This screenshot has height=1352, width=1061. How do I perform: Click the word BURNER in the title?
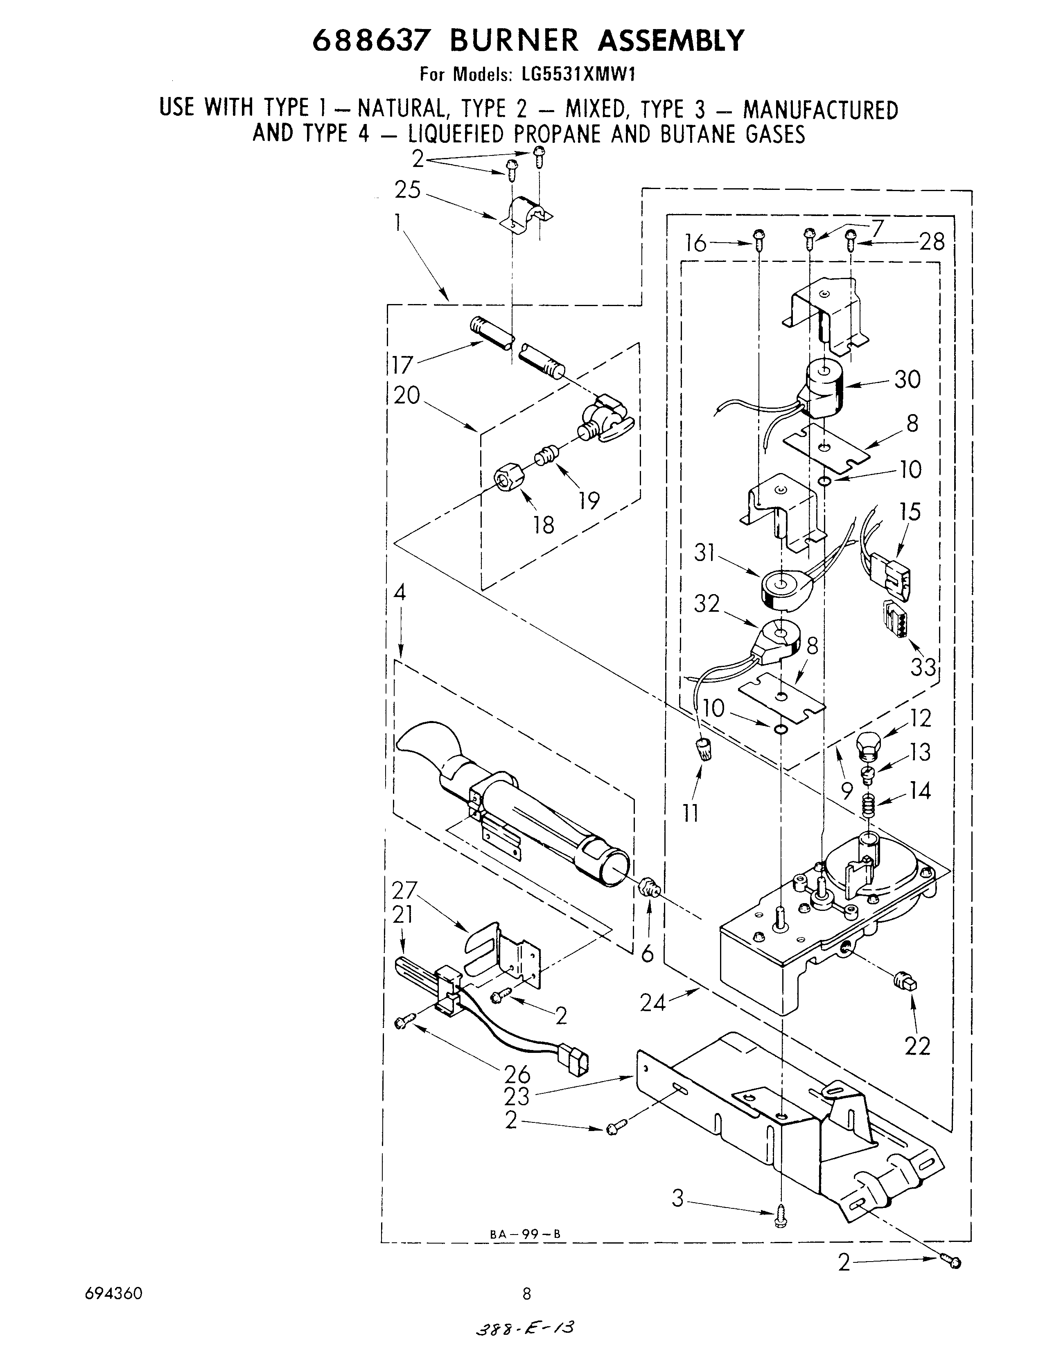tap(514, 41)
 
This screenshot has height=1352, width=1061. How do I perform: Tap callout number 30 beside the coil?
tap(907, 379)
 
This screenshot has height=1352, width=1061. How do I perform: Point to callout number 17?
tap(402, 365)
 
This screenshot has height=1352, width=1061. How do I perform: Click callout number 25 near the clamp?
tap(408, 190)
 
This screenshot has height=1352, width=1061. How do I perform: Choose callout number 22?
tap(917, 1046)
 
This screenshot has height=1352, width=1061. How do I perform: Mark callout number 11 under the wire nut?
tap(691, 812)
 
